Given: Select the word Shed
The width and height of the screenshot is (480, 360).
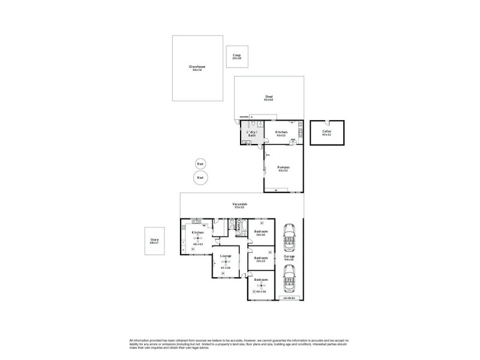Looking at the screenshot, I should pyautogui.click(x=269, y=97).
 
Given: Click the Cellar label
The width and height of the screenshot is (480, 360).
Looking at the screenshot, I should pyautogui.click(x=326, y=131).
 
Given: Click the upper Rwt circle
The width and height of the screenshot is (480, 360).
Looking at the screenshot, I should pyautogui.click(x=200, y=164).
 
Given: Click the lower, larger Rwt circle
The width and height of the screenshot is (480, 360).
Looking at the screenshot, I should pyautogui.click(x=201, y=178).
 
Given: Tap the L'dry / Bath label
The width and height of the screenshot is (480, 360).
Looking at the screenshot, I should pyautogui.click(x=252, y=133).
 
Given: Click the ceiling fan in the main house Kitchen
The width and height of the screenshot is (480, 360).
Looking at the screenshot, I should pyautogui.click(x=198, y=239).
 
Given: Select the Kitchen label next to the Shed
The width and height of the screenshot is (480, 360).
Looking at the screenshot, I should pyautogui.click(x=281, y=132).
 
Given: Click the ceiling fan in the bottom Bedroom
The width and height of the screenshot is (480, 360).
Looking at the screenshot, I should pyautogui.click(x=260, y=287).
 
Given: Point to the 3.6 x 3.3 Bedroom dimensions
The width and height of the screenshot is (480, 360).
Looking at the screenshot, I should pyautogui.click(x=260, y=261).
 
